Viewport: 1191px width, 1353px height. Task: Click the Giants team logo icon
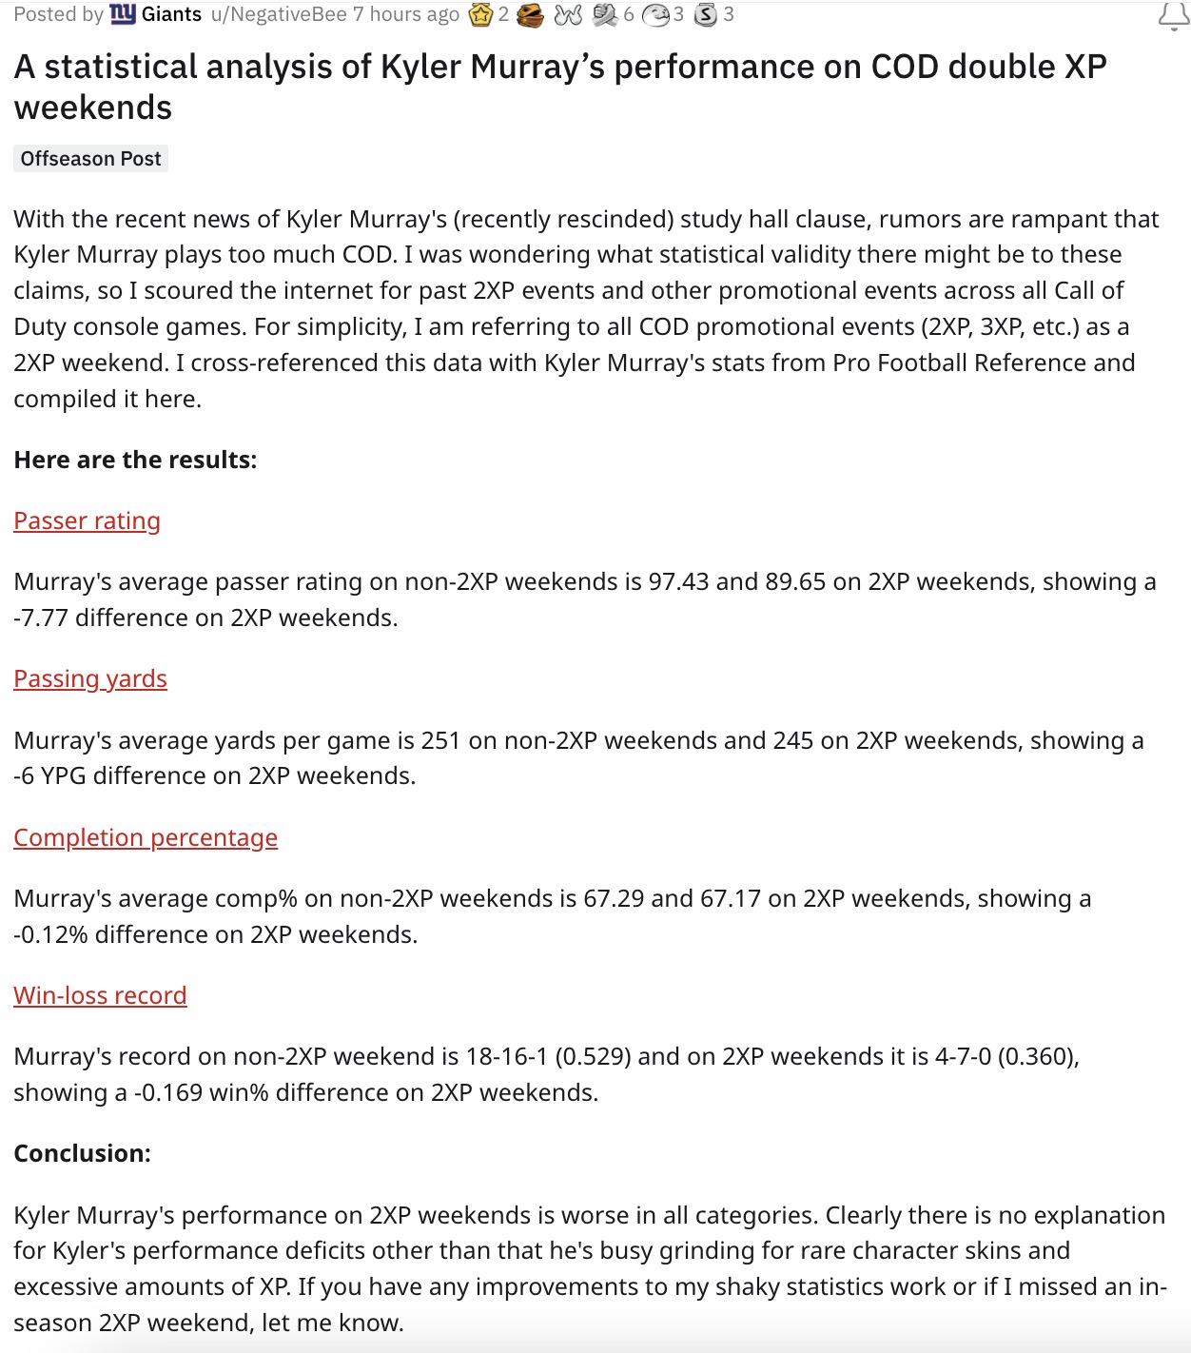123,14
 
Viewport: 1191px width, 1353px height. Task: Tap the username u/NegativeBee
279,14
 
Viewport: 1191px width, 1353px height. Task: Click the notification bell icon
1173,16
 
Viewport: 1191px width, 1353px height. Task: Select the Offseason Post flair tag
90,159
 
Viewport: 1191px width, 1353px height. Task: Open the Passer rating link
87,521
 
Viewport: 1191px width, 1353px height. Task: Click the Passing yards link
90,679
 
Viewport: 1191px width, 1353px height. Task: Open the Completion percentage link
146,838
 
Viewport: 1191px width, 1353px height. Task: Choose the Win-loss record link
100,996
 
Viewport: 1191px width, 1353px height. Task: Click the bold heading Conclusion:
82,1154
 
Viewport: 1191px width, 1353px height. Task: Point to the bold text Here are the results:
135,461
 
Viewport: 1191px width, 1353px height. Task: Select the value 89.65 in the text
795,582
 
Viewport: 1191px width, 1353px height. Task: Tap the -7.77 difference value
41,618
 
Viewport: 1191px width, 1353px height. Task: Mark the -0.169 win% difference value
167,1093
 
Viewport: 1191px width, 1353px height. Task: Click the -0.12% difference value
50,935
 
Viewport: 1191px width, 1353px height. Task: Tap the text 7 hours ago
406,14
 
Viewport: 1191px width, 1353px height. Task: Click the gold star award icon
480,15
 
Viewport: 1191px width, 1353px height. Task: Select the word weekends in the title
93,108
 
